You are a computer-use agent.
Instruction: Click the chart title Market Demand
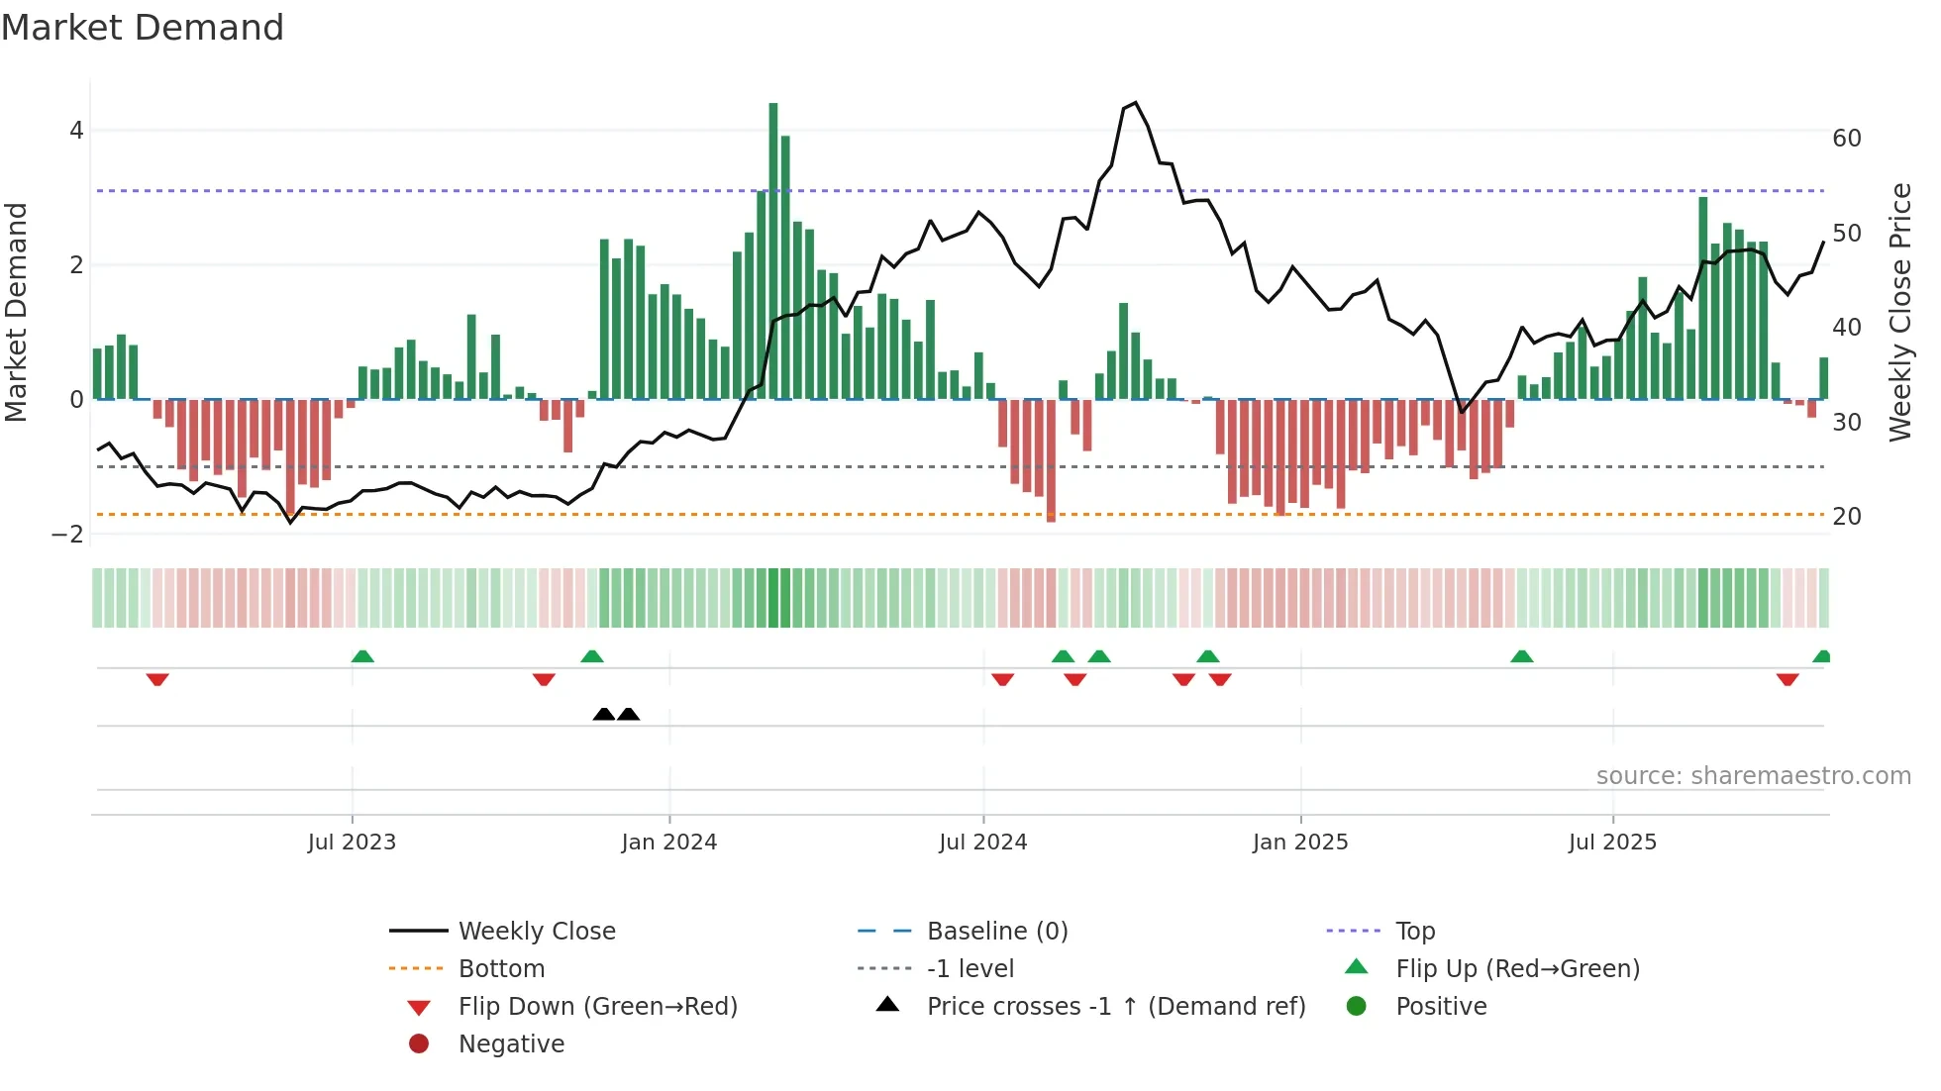pos(143,28)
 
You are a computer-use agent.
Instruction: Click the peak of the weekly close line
pos(1136,103)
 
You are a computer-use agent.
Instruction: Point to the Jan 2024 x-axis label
pos(668,843)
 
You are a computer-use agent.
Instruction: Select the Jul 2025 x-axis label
pos(1612,843)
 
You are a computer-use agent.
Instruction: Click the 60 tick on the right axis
pos(1847,139)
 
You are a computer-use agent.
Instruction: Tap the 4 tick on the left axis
pos(76,131)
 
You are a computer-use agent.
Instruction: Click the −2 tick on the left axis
pos(68,535)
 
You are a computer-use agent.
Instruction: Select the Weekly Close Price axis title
pos(1899,312)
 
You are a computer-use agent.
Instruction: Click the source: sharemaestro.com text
pos(1753,776)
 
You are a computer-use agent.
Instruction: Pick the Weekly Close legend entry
pos(536,932)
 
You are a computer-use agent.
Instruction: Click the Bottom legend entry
pos(501,969)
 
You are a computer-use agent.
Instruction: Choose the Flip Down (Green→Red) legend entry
pos(597,1007)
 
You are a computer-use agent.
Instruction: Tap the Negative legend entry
pos(511,1044)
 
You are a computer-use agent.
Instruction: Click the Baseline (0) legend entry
pos(996,932)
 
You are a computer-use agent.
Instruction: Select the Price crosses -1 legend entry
pos(1115,1007)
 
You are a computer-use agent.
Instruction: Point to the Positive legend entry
pos(1441,1007)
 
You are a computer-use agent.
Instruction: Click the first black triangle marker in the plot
pos(603,714)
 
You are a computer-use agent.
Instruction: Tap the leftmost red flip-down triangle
pos(157,679)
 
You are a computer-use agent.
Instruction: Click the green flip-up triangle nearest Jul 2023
pos(362,656)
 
